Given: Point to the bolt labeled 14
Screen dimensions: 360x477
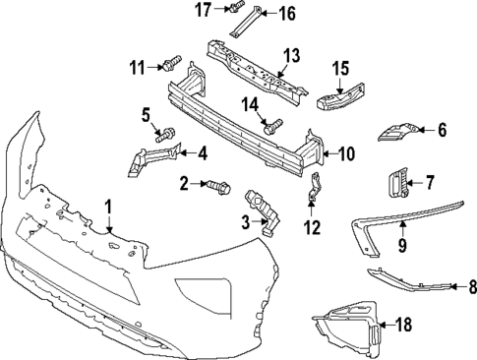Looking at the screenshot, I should point(272,125).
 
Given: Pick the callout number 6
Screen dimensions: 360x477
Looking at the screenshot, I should point(442,129).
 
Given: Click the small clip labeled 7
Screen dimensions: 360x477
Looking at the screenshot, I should point(398,183).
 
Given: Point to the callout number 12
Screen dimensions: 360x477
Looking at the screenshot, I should point(312,228).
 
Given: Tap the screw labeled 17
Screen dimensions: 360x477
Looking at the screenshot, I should point(236,10).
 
